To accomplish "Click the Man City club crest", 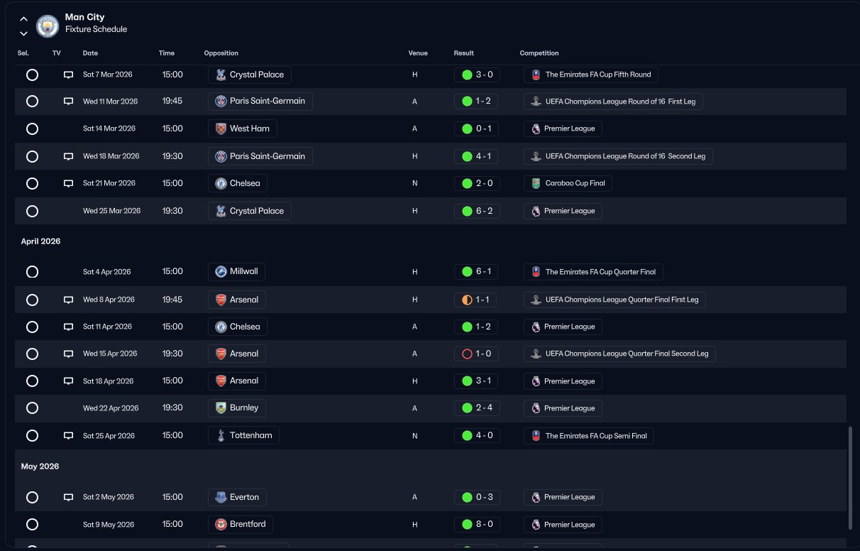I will tap(48, 26).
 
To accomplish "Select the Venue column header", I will tap(418, 53).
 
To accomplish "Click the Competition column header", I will tap(539, 53).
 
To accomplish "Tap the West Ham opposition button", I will tap(242, 129).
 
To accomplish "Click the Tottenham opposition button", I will tap(243, 435).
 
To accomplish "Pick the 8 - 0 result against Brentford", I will tap(477, 525).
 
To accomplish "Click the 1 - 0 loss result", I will tap(477, 354).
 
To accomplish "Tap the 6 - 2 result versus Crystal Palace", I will tap(477, 211).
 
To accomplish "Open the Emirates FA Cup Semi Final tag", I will tap(589, 436).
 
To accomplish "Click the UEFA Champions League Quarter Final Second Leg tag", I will tap(619, 354).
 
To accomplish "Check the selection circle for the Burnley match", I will tap(32, 408).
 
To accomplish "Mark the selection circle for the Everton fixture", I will tap(32, 497).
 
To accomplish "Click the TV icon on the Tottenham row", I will tap(69, 435).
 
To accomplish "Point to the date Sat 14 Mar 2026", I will tap(110, 129).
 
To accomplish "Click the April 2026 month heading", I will tap(40, 241).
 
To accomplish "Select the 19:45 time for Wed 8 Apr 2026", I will tap(172, 300).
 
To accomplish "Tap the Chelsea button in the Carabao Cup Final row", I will tap(238, 183).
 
